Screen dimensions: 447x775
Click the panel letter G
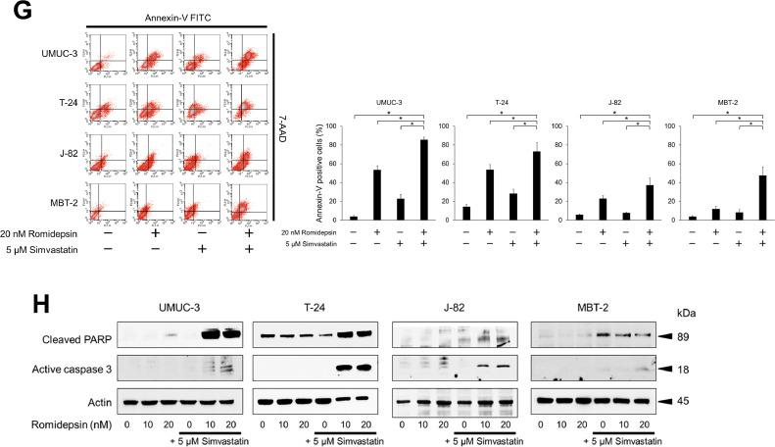tap(13, 14)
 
